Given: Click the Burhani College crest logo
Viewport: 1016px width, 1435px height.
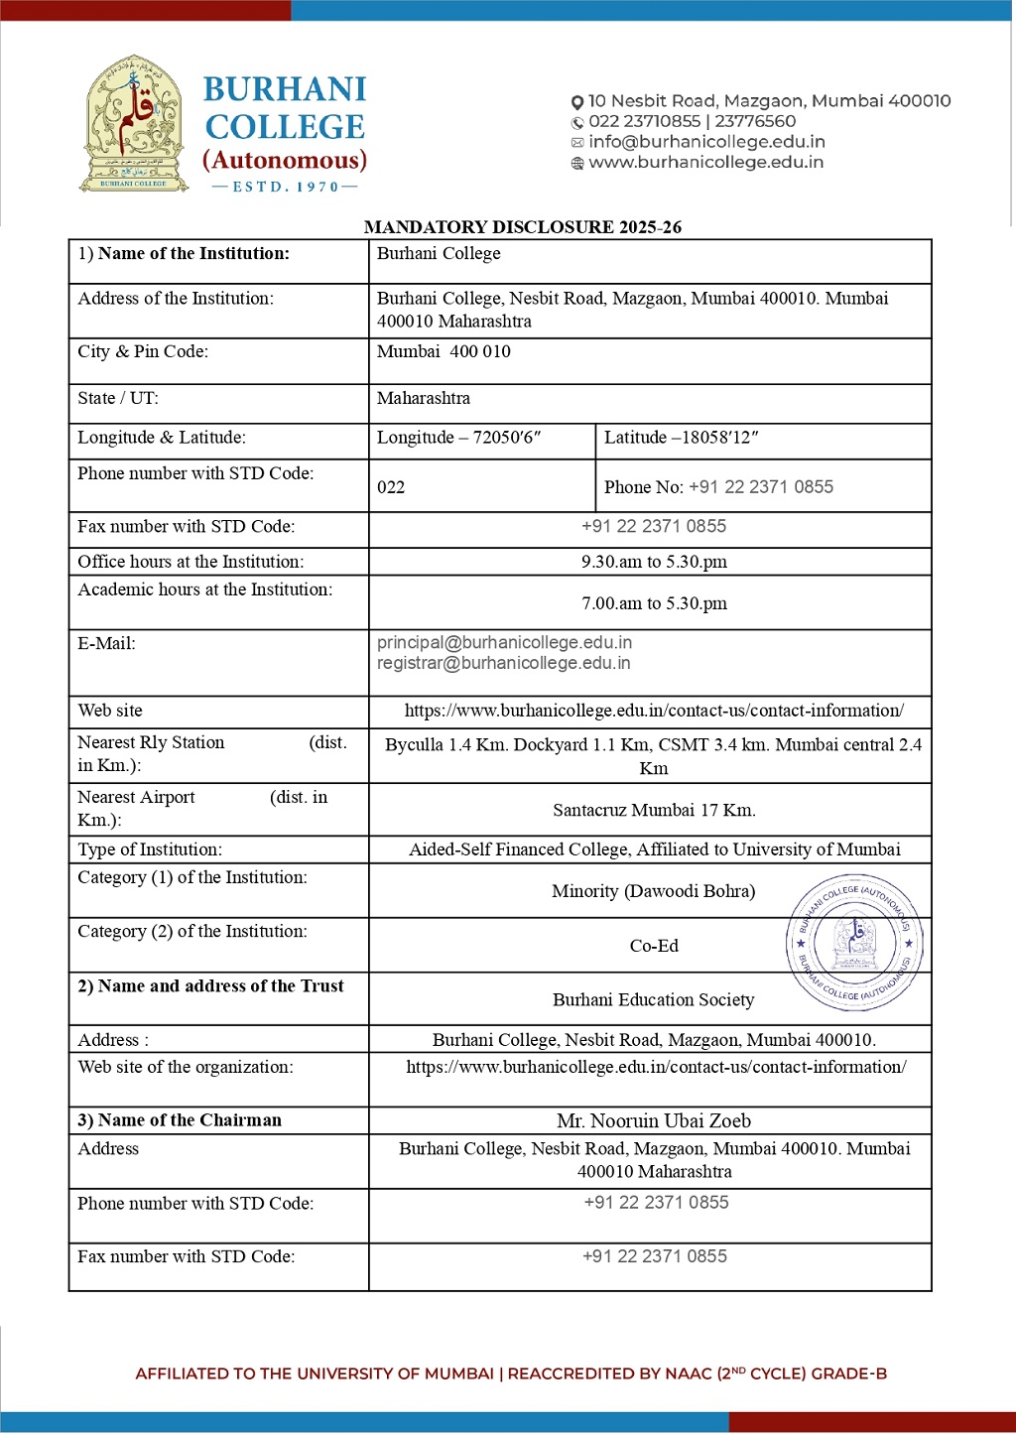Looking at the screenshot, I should pyautogui.click(x=134, y=124).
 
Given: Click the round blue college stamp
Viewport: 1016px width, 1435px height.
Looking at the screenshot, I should pyautogui.click(x=855, y=943).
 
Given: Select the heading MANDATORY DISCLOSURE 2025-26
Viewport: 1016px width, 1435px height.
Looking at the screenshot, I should pyautogui.click(x=522, y=227).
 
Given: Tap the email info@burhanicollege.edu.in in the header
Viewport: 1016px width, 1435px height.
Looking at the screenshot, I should pyautogui.click(x=706, y=142).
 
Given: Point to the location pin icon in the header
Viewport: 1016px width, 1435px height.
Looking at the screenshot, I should pyautogui.click(x=577, y=102).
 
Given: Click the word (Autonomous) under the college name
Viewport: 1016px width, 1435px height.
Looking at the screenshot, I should pyautogui.click(x=285, y=161).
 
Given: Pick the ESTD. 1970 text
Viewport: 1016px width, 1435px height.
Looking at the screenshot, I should pyautogui.click(x=285, y=187).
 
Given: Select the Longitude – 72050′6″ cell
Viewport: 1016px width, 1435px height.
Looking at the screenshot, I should pyautogui.click(x=458, y=438).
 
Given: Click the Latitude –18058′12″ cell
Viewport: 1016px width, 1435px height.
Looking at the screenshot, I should pyautogui.click(x=681, y=438).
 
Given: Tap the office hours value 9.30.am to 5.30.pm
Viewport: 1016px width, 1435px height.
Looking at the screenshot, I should pyautogui.click(x=654, y=562).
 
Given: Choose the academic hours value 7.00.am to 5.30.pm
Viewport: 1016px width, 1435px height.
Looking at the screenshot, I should pyautogui.click(x=654, y=603).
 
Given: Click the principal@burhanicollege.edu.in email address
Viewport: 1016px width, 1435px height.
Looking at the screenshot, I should pyautogui.click(x=504, y=643).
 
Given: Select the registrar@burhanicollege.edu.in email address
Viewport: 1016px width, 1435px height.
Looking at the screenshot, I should pyautogui.click(x=503, y=663).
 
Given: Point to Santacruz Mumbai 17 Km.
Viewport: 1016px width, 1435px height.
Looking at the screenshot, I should pyautogui.click(x=654, y=810).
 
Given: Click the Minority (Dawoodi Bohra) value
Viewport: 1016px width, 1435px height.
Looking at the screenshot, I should pyautogui.click(x=653, y=891).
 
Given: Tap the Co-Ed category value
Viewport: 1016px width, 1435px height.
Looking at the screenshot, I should pyautogui.click(x=654, y=946).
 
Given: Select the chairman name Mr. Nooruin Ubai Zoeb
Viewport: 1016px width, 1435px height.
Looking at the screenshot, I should pyautogui.click(x=654, y=1121).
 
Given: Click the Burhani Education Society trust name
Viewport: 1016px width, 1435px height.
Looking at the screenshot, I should pyautogui.click(x=653, y=999).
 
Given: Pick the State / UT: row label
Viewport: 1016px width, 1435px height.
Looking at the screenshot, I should pyautogui.click(x=118, y=398).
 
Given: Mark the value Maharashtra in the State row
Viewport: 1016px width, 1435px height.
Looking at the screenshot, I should pyautogui.click(x=424, y=398).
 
